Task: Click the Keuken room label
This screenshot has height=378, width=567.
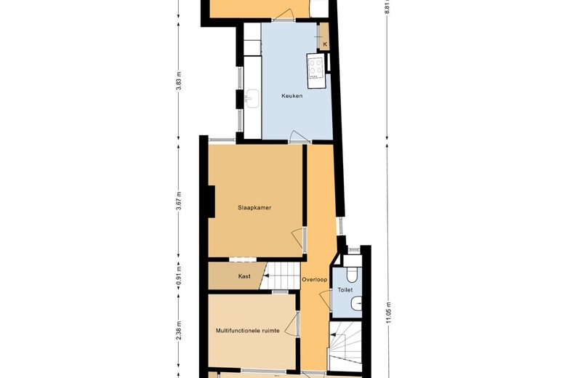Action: click(291, 96)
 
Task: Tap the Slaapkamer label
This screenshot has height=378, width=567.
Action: click(254, 208)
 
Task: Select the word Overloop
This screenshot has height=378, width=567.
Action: click(315, 280)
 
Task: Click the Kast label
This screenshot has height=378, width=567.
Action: click(244, 276)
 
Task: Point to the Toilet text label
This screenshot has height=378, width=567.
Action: click(345, 290)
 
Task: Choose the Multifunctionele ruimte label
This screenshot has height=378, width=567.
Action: click(248, 331)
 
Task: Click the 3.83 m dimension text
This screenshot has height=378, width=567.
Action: click(179, 81)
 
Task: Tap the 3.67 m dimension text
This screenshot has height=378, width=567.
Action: click(179, 201)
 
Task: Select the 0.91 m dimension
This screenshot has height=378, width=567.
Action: click(179, 276)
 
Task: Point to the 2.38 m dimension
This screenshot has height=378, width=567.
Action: click(179, 331)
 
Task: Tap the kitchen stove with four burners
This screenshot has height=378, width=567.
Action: click(315, 71)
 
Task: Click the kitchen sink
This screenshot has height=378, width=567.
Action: click(252, 98)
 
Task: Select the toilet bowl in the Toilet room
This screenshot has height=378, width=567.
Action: click(352, 274)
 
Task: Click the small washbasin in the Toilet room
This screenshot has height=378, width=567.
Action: click(356, 303)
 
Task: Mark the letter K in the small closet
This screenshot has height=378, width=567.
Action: click(325, 44)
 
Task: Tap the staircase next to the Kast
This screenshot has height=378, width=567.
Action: click(281, 276)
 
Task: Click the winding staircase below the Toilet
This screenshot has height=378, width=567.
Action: click(345, 346)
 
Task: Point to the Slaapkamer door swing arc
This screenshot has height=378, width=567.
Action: click(297, 238)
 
